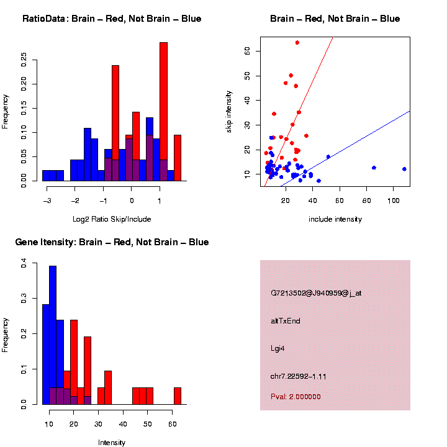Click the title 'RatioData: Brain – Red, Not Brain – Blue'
112,19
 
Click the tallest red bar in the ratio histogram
164,112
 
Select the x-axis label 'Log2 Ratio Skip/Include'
112,219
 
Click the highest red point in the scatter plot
297,43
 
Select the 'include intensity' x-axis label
335,219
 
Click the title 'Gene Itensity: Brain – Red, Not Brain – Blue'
112,242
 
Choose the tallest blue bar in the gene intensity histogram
53,335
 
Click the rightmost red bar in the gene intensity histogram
178,396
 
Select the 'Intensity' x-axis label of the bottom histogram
112,443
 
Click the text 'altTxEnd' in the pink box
286,321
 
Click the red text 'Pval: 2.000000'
296,397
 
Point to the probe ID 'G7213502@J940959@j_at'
316,293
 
